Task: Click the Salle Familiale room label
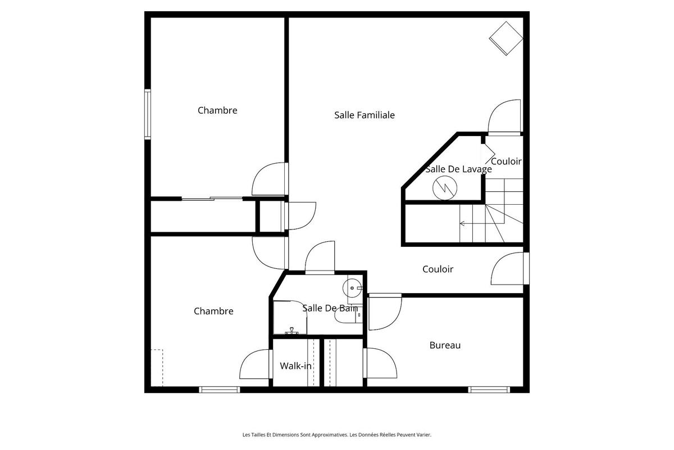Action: (x=365, y=115)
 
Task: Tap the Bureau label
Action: (x=445, y=345)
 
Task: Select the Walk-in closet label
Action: (x=296, y=366)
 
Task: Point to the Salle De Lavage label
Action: (x=458, y=169)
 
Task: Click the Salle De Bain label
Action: (x=330, y=308)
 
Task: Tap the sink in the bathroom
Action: (x=353, y=287)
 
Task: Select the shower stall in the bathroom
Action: (x=290, y=318)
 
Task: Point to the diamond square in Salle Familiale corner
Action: (x=507, y=38)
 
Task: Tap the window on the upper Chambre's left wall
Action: (x=148, y=114)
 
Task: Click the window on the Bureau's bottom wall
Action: (x=489, y=389)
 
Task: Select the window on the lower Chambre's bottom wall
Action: (x=220, y=389)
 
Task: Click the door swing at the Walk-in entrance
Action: (x=256, y=364)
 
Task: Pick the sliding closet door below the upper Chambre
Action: (x=212, y=198)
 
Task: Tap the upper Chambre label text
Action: (x=217, y=111)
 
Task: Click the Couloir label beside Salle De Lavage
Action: (x=506, y=161)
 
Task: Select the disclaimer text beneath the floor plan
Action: (x=336, y=435)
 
